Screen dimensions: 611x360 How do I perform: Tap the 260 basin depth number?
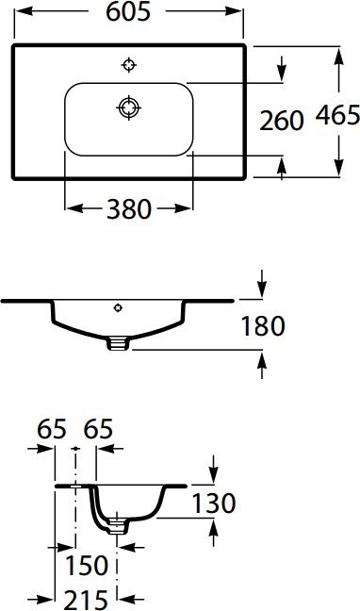pos(283,120)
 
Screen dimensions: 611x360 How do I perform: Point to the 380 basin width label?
pos(128,209)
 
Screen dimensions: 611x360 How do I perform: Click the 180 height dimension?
pos(263,326)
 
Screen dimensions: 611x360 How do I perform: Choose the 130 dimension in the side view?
pos(213,504)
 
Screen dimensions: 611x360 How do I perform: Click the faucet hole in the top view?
pos(129,64)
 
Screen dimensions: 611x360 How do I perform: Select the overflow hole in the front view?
pos(118,307)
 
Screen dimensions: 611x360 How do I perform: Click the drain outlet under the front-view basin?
pos(117,344)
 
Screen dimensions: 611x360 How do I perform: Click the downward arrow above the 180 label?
pos(263,287)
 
